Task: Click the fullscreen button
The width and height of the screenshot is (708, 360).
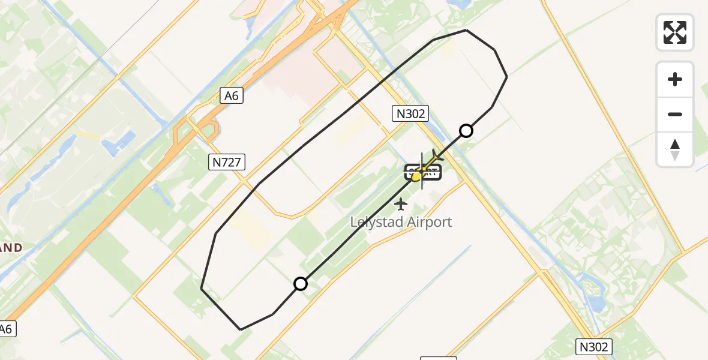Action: pos(675,32)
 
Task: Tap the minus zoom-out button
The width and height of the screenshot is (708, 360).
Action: pos(675,114)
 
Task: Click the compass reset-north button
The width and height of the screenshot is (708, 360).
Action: pos(675,149)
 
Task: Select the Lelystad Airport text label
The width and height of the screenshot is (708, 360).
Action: pos(401,223)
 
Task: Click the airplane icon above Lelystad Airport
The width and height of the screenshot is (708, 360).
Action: pos(401,205)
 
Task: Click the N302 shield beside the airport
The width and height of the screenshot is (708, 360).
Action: pos(410,114)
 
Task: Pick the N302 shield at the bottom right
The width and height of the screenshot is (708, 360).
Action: pos(595,347)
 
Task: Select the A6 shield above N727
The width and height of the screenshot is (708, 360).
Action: pos(231,95)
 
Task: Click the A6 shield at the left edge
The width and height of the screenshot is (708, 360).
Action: pos(6,329)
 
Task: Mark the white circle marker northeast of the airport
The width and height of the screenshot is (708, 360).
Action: pos(466,131)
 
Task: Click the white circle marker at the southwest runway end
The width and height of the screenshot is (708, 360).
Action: pos(301,284)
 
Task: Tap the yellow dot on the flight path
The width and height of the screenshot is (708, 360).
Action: pos(416,176)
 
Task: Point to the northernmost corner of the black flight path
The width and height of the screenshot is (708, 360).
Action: pos(466,29)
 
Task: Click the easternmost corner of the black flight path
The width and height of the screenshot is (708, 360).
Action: pos(507,77)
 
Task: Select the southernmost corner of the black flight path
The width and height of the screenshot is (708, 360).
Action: pos(241,329)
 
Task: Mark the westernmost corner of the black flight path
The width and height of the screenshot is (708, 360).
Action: pos(201,289)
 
